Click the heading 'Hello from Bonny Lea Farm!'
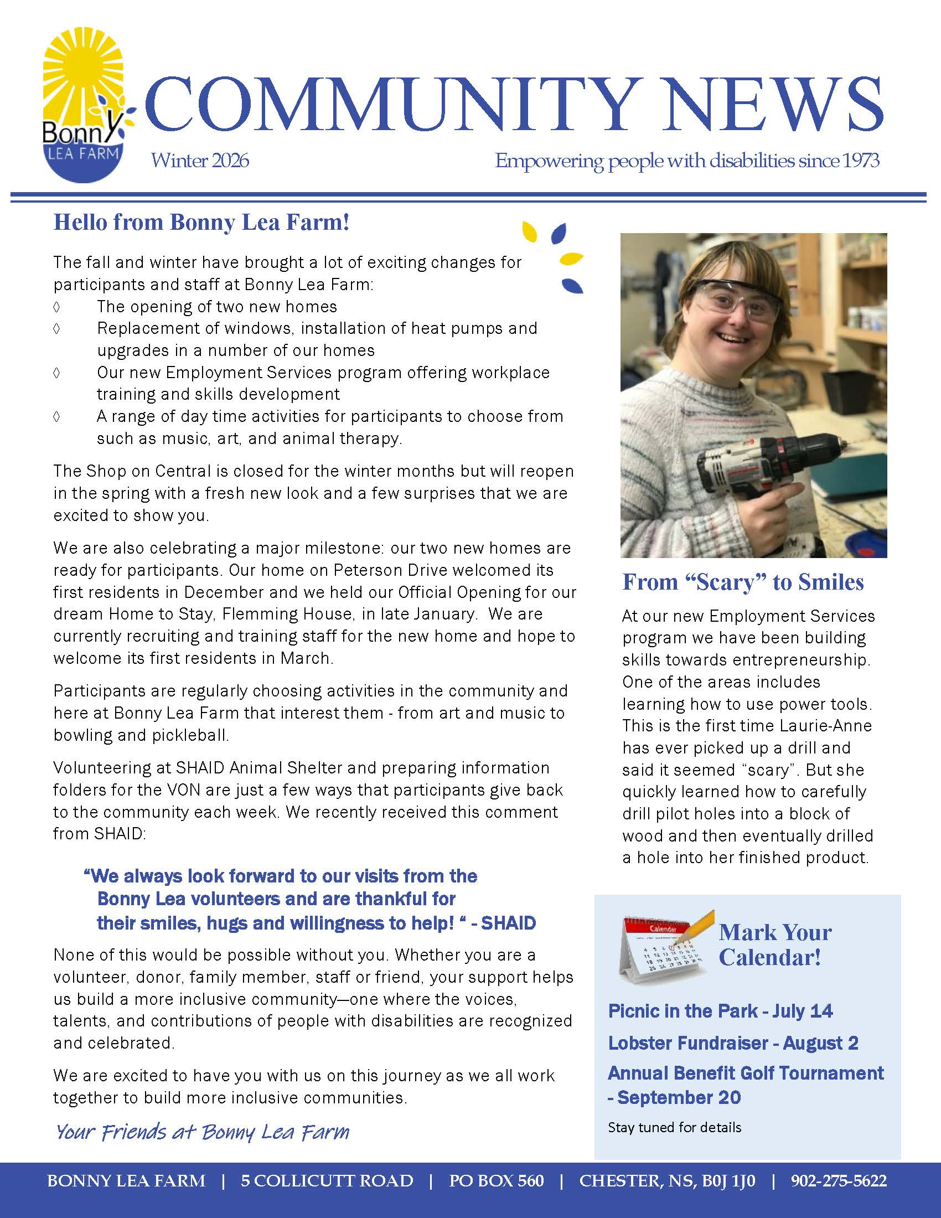(x=201, y=223)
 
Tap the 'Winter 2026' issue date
(x=200, y=161)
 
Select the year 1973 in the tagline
(x=861, y=161)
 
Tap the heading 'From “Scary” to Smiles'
(x=742, y=582)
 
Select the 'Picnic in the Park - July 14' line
(x=720, y=1011)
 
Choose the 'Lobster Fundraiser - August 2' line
(x=732, y=1043)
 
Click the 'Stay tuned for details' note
(x=675, y=1128)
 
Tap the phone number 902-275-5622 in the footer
(x=839, y=1181)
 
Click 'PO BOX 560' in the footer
(x=496, y=1181)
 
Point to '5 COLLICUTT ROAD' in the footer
(x=327, y=1181)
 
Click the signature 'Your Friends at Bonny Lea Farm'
(x=203, y=1132)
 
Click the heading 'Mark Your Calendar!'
(x=775, y=945)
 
